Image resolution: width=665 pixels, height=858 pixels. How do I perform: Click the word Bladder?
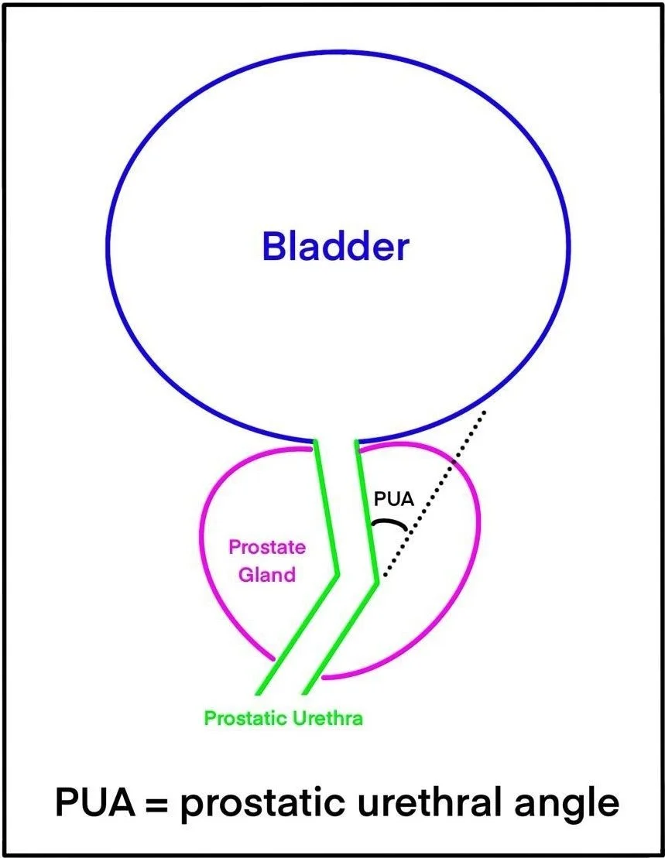[334, 247]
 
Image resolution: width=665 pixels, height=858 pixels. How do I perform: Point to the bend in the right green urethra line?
[377, 582]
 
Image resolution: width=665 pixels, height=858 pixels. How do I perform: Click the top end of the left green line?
[316, 443]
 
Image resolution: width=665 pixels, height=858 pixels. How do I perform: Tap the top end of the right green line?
[356, 442]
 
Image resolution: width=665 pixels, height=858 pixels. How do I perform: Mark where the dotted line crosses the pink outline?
[451, 463]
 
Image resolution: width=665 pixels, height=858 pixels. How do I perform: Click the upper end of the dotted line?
[485, 410]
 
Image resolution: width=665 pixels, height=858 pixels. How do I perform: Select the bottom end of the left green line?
[258, 692]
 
